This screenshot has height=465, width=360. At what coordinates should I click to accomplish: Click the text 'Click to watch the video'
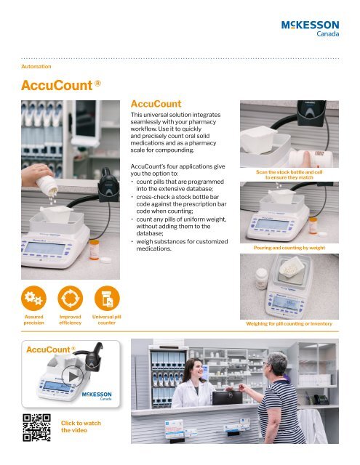pyautogui.click(x=80, y=426)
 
